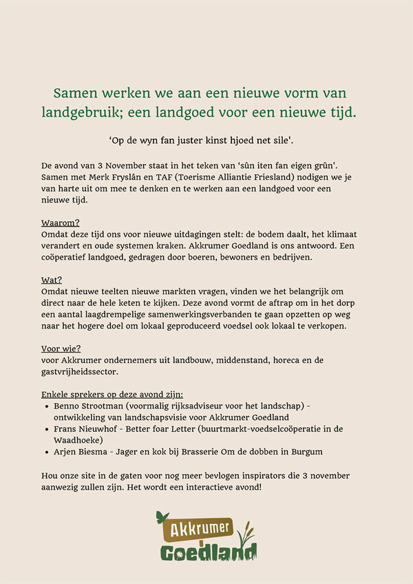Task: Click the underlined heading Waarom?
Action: [x=61, y=223]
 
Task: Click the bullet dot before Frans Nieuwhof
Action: [x=45, y=429]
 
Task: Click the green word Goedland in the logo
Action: [x=206, y=552]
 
